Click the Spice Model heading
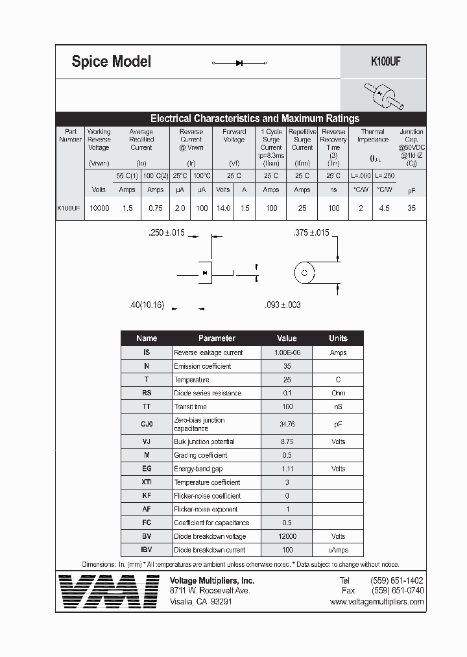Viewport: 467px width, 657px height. tap(111, 62)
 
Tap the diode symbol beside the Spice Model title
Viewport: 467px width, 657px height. tap(239, 63)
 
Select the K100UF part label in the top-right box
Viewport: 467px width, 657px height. tap(385, 62)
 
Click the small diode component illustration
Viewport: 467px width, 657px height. tap(383, 95)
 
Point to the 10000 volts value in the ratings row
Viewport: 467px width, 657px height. tap(99, 208)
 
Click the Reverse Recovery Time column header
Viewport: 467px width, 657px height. tap(333, 143)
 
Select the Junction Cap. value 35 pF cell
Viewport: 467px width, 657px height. tap(411, 208)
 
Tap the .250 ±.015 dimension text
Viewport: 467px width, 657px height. tap(167, 232)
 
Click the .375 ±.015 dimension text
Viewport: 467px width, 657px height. tap(311, 232)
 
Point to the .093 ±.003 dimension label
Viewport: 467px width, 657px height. tap(283, 304)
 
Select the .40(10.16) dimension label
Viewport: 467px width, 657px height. tap(147, 304)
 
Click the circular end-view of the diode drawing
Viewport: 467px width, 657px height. tap(304, 273)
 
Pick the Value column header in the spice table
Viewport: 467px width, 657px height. tap(287, 338)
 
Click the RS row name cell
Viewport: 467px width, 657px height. tap(147, 393)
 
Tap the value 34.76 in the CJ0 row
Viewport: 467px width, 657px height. tap(287, 425)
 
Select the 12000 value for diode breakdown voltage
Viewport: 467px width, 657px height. tap(287, 536)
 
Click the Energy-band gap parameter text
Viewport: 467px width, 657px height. tap(198, 469)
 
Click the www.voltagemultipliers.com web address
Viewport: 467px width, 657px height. tap(376, 602)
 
